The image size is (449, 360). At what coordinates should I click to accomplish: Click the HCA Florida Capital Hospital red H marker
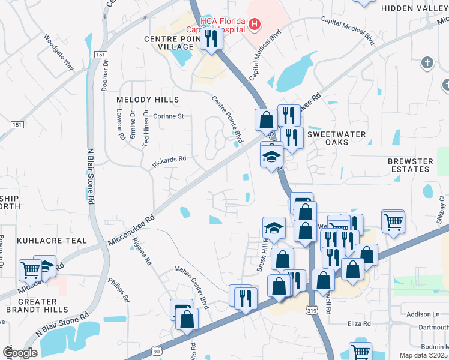(255, 25)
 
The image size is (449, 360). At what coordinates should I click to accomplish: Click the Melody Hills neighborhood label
(148, 99)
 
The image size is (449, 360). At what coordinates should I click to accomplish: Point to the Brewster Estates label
(411, 166)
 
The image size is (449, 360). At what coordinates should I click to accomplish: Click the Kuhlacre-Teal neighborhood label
(52, 240)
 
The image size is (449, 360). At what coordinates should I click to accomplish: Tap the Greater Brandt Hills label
(40, 305)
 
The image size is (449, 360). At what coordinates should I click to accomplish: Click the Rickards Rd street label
(169, 161)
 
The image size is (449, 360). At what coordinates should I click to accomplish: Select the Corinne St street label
(168, 116)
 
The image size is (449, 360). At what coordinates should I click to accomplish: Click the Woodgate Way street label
(58, 52)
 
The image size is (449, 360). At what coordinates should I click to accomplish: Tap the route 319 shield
(310, 310)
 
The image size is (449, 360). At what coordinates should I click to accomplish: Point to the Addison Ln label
(423, 314)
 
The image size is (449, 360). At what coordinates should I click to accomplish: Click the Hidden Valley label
(414, 8)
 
